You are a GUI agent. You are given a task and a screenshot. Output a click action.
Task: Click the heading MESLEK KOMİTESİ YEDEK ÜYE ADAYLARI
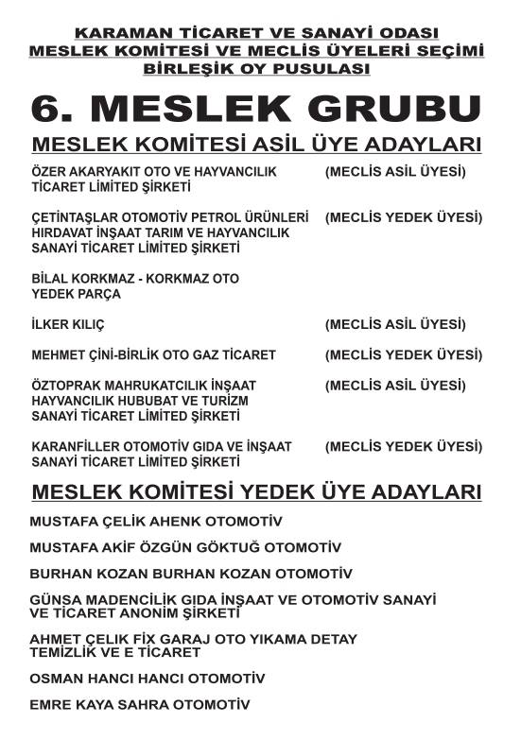click(256, 493)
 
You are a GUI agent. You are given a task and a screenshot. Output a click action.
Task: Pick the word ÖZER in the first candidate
click(50, 172)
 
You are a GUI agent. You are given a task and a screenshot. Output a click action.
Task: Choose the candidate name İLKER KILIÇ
click(68, 324)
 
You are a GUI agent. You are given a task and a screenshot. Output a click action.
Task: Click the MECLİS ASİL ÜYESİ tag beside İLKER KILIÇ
click(395, 324)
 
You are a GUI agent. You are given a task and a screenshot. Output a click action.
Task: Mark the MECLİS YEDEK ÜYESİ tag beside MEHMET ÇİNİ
click(404, 354)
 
